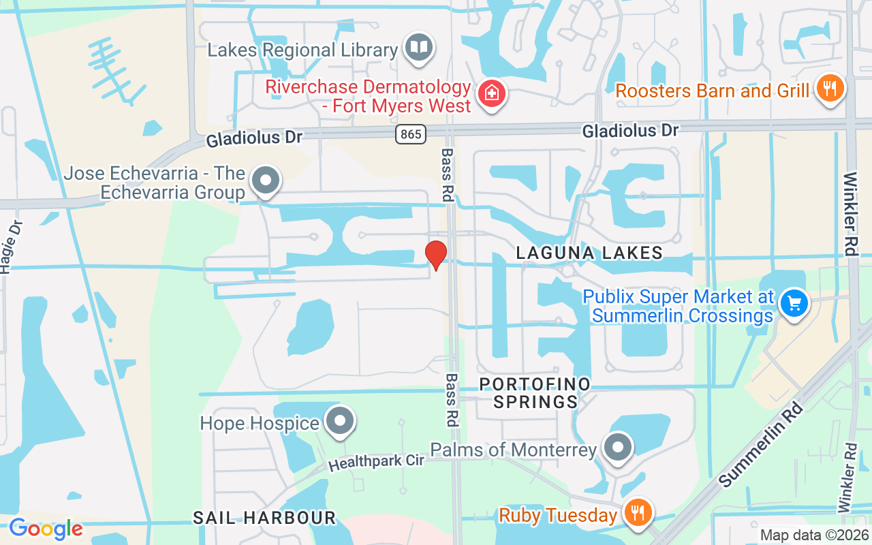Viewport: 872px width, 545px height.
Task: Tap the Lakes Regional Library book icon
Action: click(x=419, y=48)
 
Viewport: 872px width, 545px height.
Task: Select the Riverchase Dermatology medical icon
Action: click(x=490, y=93)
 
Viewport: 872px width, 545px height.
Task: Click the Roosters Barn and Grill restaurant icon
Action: click(x=829, y=89)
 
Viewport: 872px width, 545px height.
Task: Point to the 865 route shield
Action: click(x=411, y=134)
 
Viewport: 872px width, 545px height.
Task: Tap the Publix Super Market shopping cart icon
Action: click(x=793, y=302)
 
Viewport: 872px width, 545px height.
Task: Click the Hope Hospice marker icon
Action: click(x=339, y=421)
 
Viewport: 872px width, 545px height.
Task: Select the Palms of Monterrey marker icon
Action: click(x=618, y=448)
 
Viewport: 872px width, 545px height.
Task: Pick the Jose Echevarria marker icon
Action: click(x=266, y=181)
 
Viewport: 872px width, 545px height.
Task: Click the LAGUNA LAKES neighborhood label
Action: click(x=589, y=253)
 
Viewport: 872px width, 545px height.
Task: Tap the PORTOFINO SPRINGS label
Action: click(x=535, y=393)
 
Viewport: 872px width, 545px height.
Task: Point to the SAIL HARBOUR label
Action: click(x=264, y=518)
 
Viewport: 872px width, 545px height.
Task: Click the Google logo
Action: click(x=46, y=528)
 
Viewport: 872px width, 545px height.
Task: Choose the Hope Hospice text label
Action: click(x=260, y=423)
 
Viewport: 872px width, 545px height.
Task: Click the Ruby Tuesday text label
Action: click(x=558, y=515)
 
